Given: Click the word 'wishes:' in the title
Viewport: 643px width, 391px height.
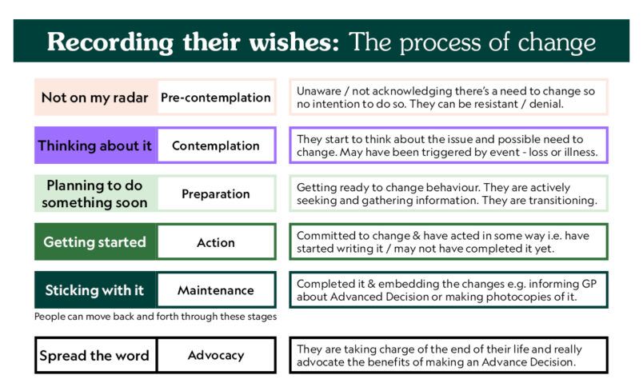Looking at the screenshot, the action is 294,42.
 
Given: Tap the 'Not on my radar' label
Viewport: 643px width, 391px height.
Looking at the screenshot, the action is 94,98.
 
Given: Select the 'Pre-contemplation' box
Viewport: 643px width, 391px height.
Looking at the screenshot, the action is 216,97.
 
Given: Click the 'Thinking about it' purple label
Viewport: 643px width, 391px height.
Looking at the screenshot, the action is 94,146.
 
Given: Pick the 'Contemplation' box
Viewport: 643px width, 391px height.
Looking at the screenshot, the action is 216,146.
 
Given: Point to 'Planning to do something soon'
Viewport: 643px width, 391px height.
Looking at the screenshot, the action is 94,194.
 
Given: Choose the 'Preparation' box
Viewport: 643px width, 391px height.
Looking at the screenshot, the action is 216,194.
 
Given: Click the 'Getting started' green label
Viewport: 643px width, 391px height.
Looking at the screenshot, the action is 94,241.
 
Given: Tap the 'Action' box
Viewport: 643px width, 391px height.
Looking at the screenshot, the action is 216,241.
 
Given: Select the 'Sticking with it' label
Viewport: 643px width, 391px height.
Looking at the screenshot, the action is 94,290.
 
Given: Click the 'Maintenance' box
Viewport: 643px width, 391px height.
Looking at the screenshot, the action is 216,289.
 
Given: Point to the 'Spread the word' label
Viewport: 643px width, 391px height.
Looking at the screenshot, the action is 94,355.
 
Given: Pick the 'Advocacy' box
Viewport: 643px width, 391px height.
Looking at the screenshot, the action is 216,355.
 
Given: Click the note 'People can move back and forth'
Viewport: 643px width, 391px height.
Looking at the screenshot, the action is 155,317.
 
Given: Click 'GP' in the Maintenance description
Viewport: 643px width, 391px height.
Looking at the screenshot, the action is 589,284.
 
